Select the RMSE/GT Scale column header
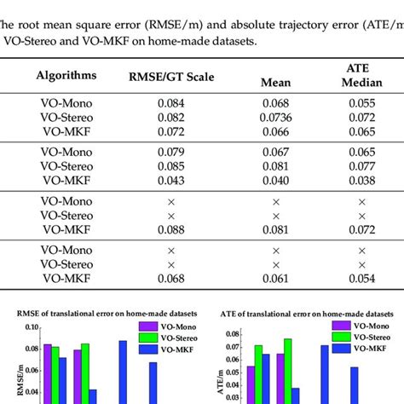(170, 77)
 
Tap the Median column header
(361, 84)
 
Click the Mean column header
(275, 84)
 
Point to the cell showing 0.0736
(275, 117)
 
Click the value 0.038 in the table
(361, 181)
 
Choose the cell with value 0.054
(361, 278)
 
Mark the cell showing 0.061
(275, 278)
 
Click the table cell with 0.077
(361, 167)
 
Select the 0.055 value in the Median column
(361, 103)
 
